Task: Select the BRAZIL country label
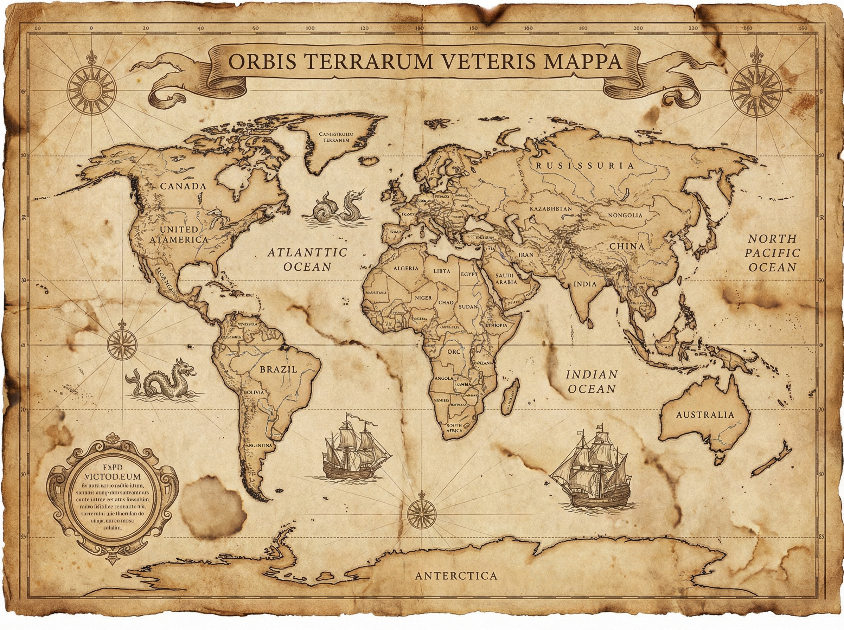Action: tap(278, 369)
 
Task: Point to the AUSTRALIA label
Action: tap(705, 414)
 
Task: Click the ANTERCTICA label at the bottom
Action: tap(456, 576)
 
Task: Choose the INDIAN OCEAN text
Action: tap(591, 382)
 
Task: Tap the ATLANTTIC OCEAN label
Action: tap(307, 259)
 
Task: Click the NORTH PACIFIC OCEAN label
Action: tap(772, 253)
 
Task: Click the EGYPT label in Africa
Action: tap(469, 274)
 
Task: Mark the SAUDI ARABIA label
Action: tap(506, 279)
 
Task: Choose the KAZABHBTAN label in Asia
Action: tap(550, 209)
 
